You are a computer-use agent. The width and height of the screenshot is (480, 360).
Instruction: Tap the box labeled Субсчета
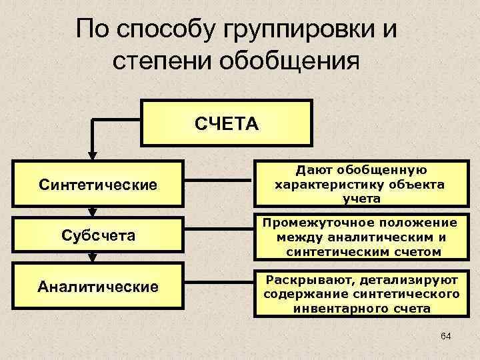click(97, 235)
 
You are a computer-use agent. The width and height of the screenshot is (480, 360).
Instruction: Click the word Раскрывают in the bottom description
click(301, 279)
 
